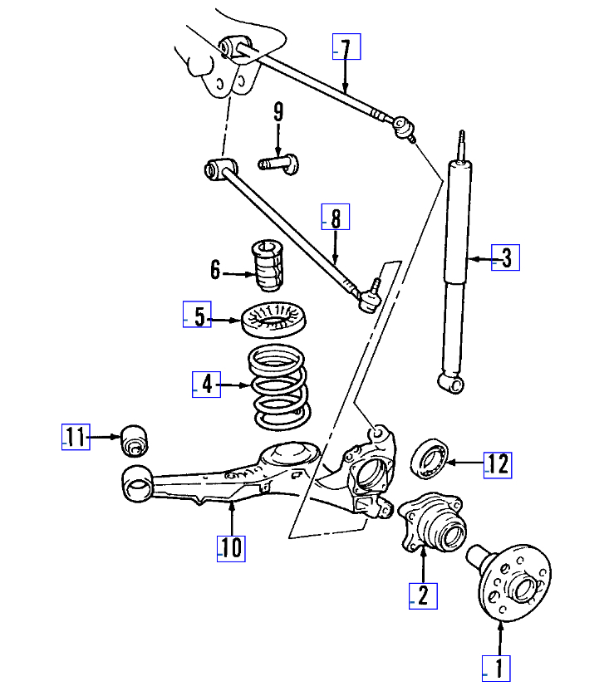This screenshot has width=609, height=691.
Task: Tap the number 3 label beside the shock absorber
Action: (x=506, y=258)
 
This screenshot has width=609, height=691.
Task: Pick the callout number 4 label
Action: (x=207, y=384)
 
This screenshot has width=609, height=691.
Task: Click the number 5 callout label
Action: (x=198, y=317)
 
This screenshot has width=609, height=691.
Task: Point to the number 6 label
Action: (x=216, y=270)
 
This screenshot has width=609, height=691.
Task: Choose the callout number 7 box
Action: (x=346, y=48)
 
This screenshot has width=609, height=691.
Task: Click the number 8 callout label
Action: (x=336, y=218)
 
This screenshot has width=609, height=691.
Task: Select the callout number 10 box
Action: (x=231, y=547)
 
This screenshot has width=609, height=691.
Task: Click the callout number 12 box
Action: (x=498, y=464)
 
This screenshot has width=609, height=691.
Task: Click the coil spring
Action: (x=280, y=388)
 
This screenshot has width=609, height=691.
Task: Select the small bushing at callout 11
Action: (x=135, y=439)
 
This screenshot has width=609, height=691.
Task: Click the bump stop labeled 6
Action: (x=268, y=265)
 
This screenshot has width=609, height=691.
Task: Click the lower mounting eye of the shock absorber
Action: (x=450, y=383)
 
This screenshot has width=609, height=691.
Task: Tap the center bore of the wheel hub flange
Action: (x=523, y=591)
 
